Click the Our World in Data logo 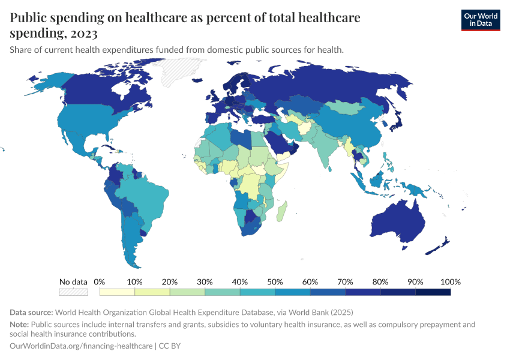coord(480,19)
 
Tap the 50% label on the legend coord(275,281)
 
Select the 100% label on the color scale coord(450,281)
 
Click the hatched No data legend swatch coord(73,292)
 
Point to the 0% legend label coord(100,281)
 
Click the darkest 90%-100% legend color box coord(433,292)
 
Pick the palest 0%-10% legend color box coord(117,292)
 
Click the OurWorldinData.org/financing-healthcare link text coord(81,346)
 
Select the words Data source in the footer coord(31,313)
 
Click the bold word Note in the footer coord(19,325)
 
